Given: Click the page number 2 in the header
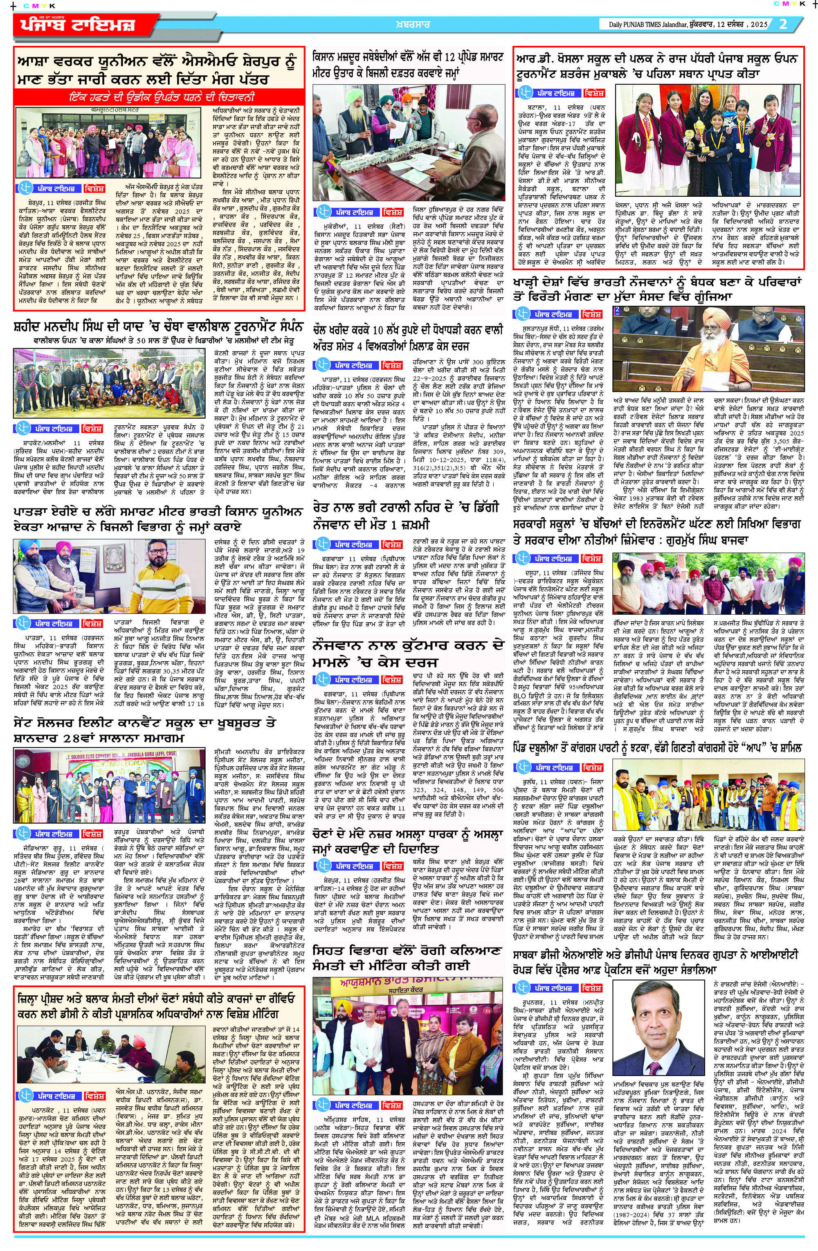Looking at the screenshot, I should click(x=783, y=24).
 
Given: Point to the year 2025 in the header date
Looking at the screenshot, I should click(x=759, y=25).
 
